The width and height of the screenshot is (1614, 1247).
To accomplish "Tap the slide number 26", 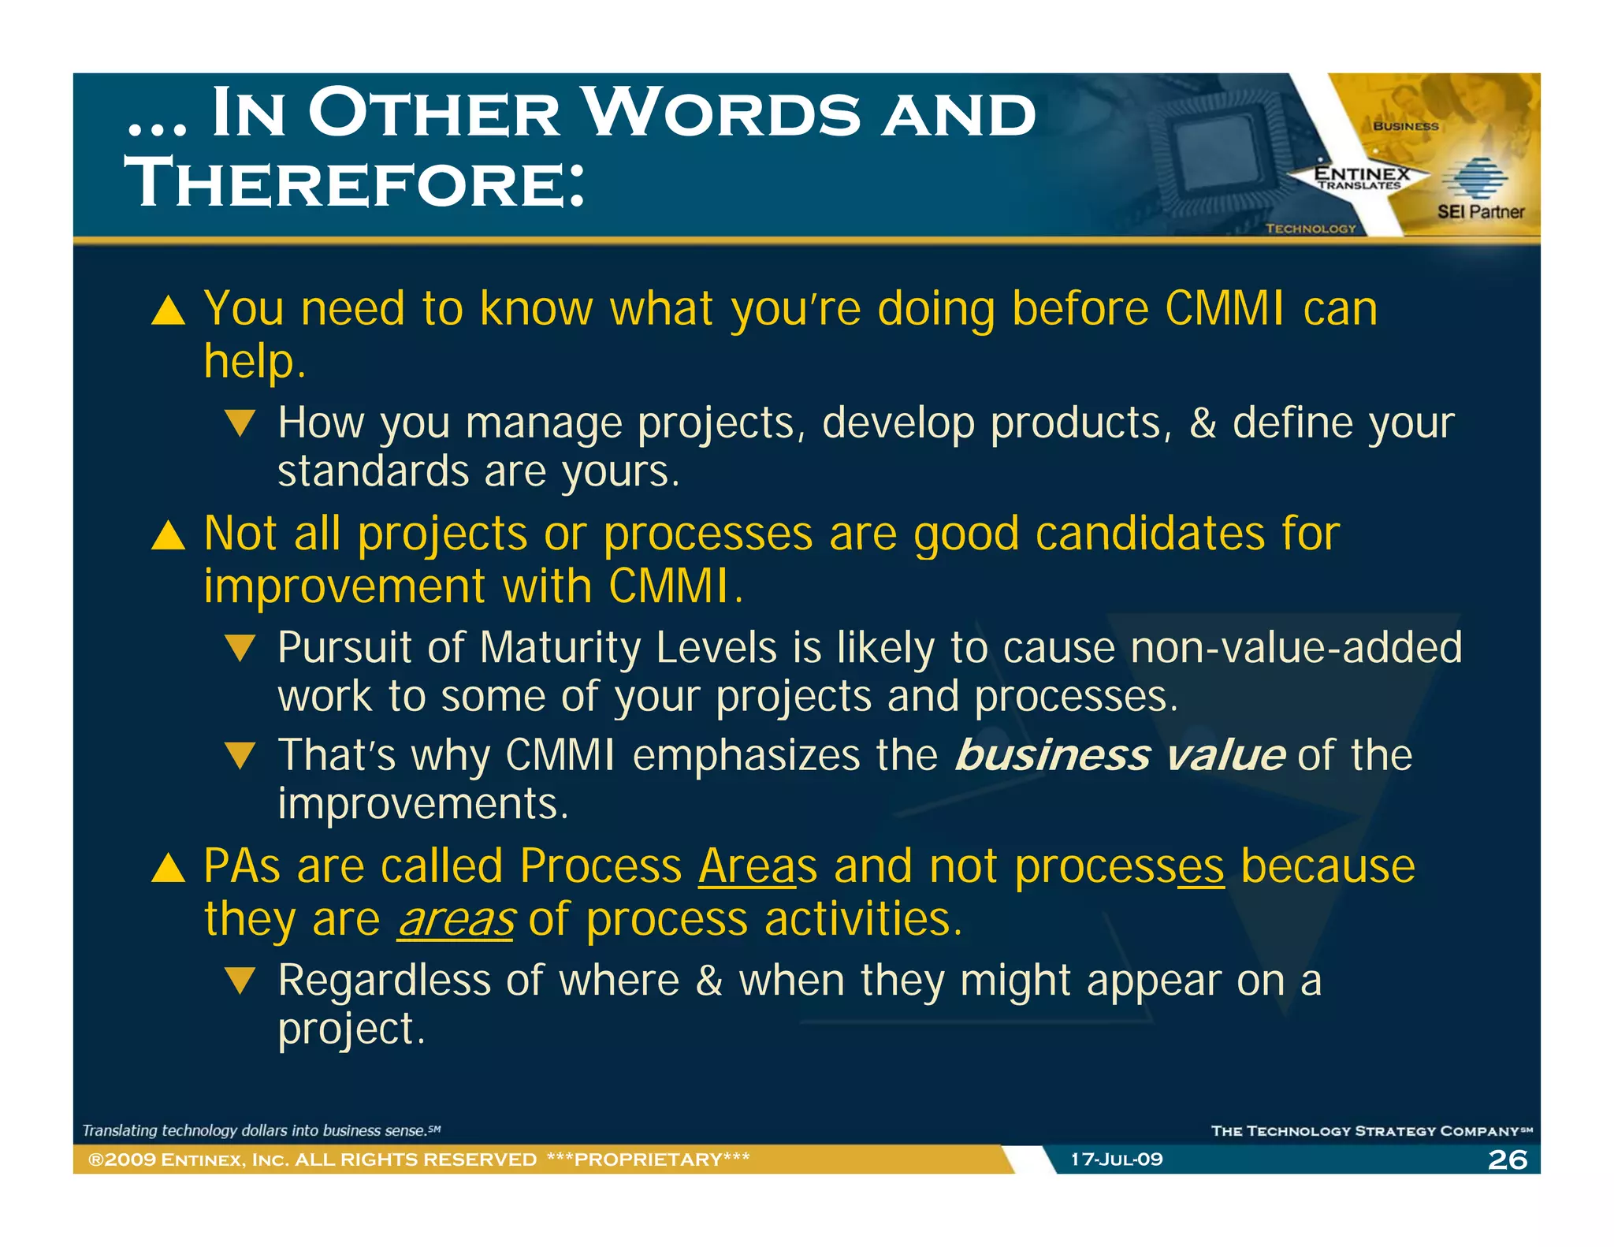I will pyautogui.click(x=1507, y=1160).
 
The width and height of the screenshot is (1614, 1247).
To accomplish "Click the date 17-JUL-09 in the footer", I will pyautogui.click(x=1116, y=1160).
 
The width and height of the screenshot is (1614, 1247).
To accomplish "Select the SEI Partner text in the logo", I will pyautogui.click(x=1480, y=212).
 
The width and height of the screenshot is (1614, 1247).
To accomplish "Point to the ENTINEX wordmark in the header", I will pyautogui.click(x=1362, y=173).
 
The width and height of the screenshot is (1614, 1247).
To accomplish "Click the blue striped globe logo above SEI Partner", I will pyautogui.click(x=1474, y=177).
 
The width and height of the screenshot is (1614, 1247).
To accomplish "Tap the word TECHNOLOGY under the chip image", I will pyautogui.click(x=1310, y=229).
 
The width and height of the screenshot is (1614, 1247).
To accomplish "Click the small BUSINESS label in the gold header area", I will pyautogui.click(x=1405, y=126).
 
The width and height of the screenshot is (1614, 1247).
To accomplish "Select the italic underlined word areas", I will pyautogui.click(x=456, y=920).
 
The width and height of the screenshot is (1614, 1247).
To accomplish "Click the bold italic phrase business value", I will pyautogui.click(x=1120, y=755).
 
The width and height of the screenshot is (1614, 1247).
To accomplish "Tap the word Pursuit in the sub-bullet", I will pyautogui.click(x=344, y=649).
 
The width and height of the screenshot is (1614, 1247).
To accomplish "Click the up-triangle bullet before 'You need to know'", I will pyautogui.click(x=168, y=311).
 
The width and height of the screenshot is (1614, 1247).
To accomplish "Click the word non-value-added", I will pyautogui.click(x=1296, y=648).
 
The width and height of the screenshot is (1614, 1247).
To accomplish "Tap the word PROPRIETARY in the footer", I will pyautogui.click(x=648, y=1160).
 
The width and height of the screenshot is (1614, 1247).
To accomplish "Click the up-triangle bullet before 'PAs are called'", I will pyautogui.click(x=168, y=868).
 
